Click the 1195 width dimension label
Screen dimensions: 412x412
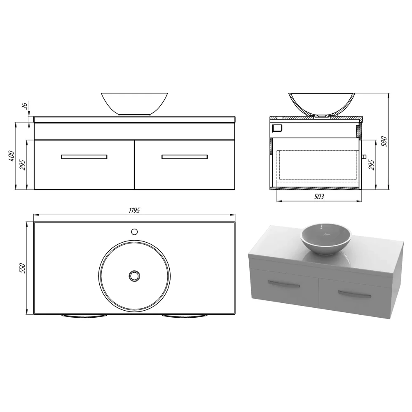coord(135,211)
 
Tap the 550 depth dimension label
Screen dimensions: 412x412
coord(22,268)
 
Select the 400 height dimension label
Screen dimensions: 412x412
coord(12,156)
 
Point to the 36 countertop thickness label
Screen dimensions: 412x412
coord(24,106)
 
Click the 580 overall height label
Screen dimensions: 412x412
coord(384,141)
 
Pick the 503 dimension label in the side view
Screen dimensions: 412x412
coord(319,196)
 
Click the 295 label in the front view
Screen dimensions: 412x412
coord(23,165)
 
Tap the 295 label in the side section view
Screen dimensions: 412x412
coord(371,164)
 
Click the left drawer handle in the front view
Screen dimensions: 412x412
coord(84,157)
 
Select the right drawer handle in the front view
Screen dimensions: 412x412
coord(185,157)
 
